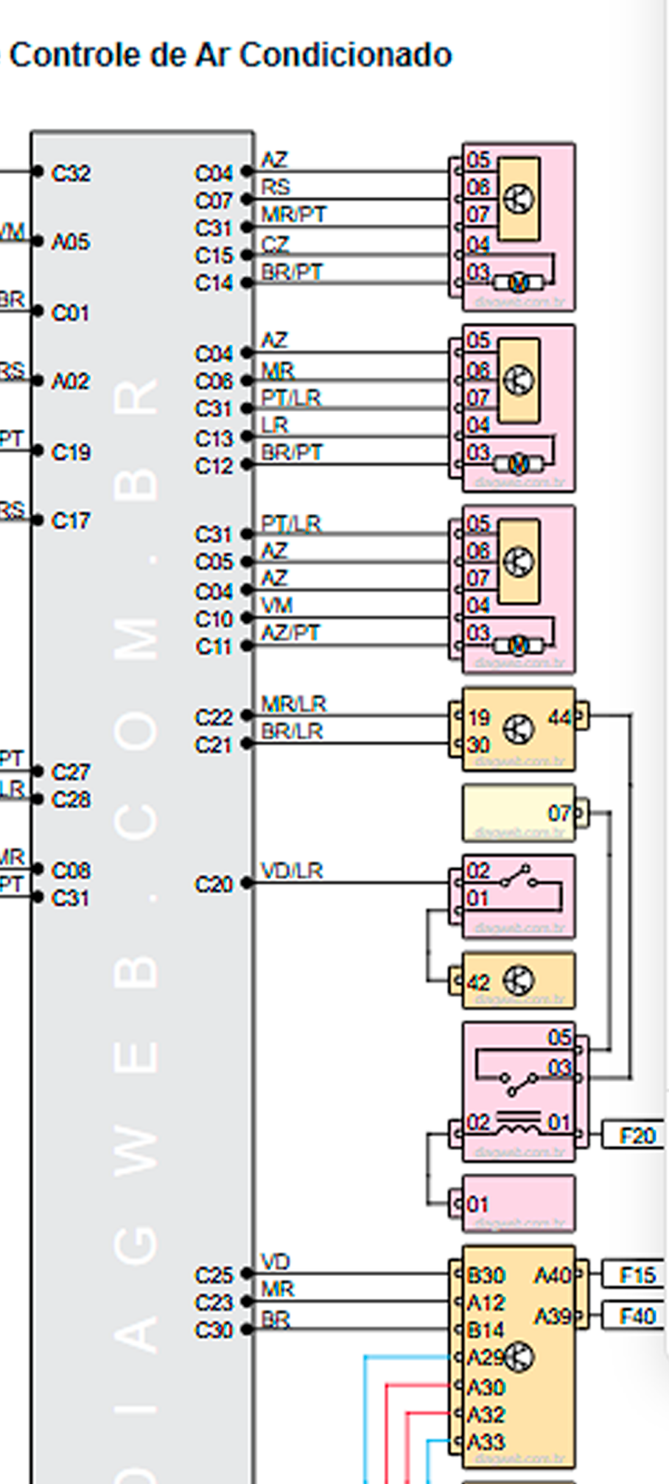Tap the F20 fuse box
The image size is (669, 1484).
click(x=637, y=1136)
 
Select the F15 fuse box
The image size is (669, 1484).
click(x=637, y=1275)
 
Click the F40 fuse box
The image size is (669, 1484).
click(x=637, y=1316)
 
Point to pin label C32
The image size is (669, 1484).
click(x=71, y=173)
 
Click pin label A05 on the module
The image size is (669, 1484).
click(x=71, y=242)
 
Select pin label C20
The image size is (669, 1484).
click(x=214, y=884)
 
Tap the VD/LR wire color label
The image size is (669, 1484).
click(x=292, y=871)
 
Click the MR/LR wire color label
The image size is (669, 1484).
click(x=293, y=704)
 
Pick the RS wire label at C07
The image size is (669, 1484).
click(x=276, y=187)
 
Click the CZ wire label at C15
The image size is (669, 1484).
click(x=275, y=244)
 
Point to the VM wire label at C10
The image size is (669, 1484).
click(x=277, y=606)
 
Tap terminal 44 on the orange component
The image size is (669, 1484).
click(x=559, y=717)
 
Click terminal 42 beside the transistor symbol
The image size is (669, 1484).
click(x=478, y=983)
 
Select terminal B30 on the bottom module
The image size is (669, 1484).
click(x=486, y=1275)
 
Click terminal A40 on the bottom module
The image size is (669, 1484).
click(x=552, y=1275)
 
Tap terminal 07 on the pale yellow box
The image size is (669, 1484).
click(x=559, y=813)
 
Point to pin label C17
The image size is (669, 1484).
click(x=71, y=521)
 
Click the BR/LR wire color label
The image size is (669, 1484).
click(x=292, y=731)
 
